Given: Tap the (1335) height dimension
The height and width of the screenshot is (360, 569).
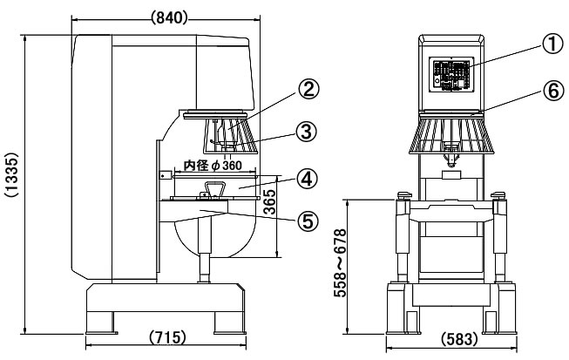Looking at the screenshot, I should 11,182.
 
